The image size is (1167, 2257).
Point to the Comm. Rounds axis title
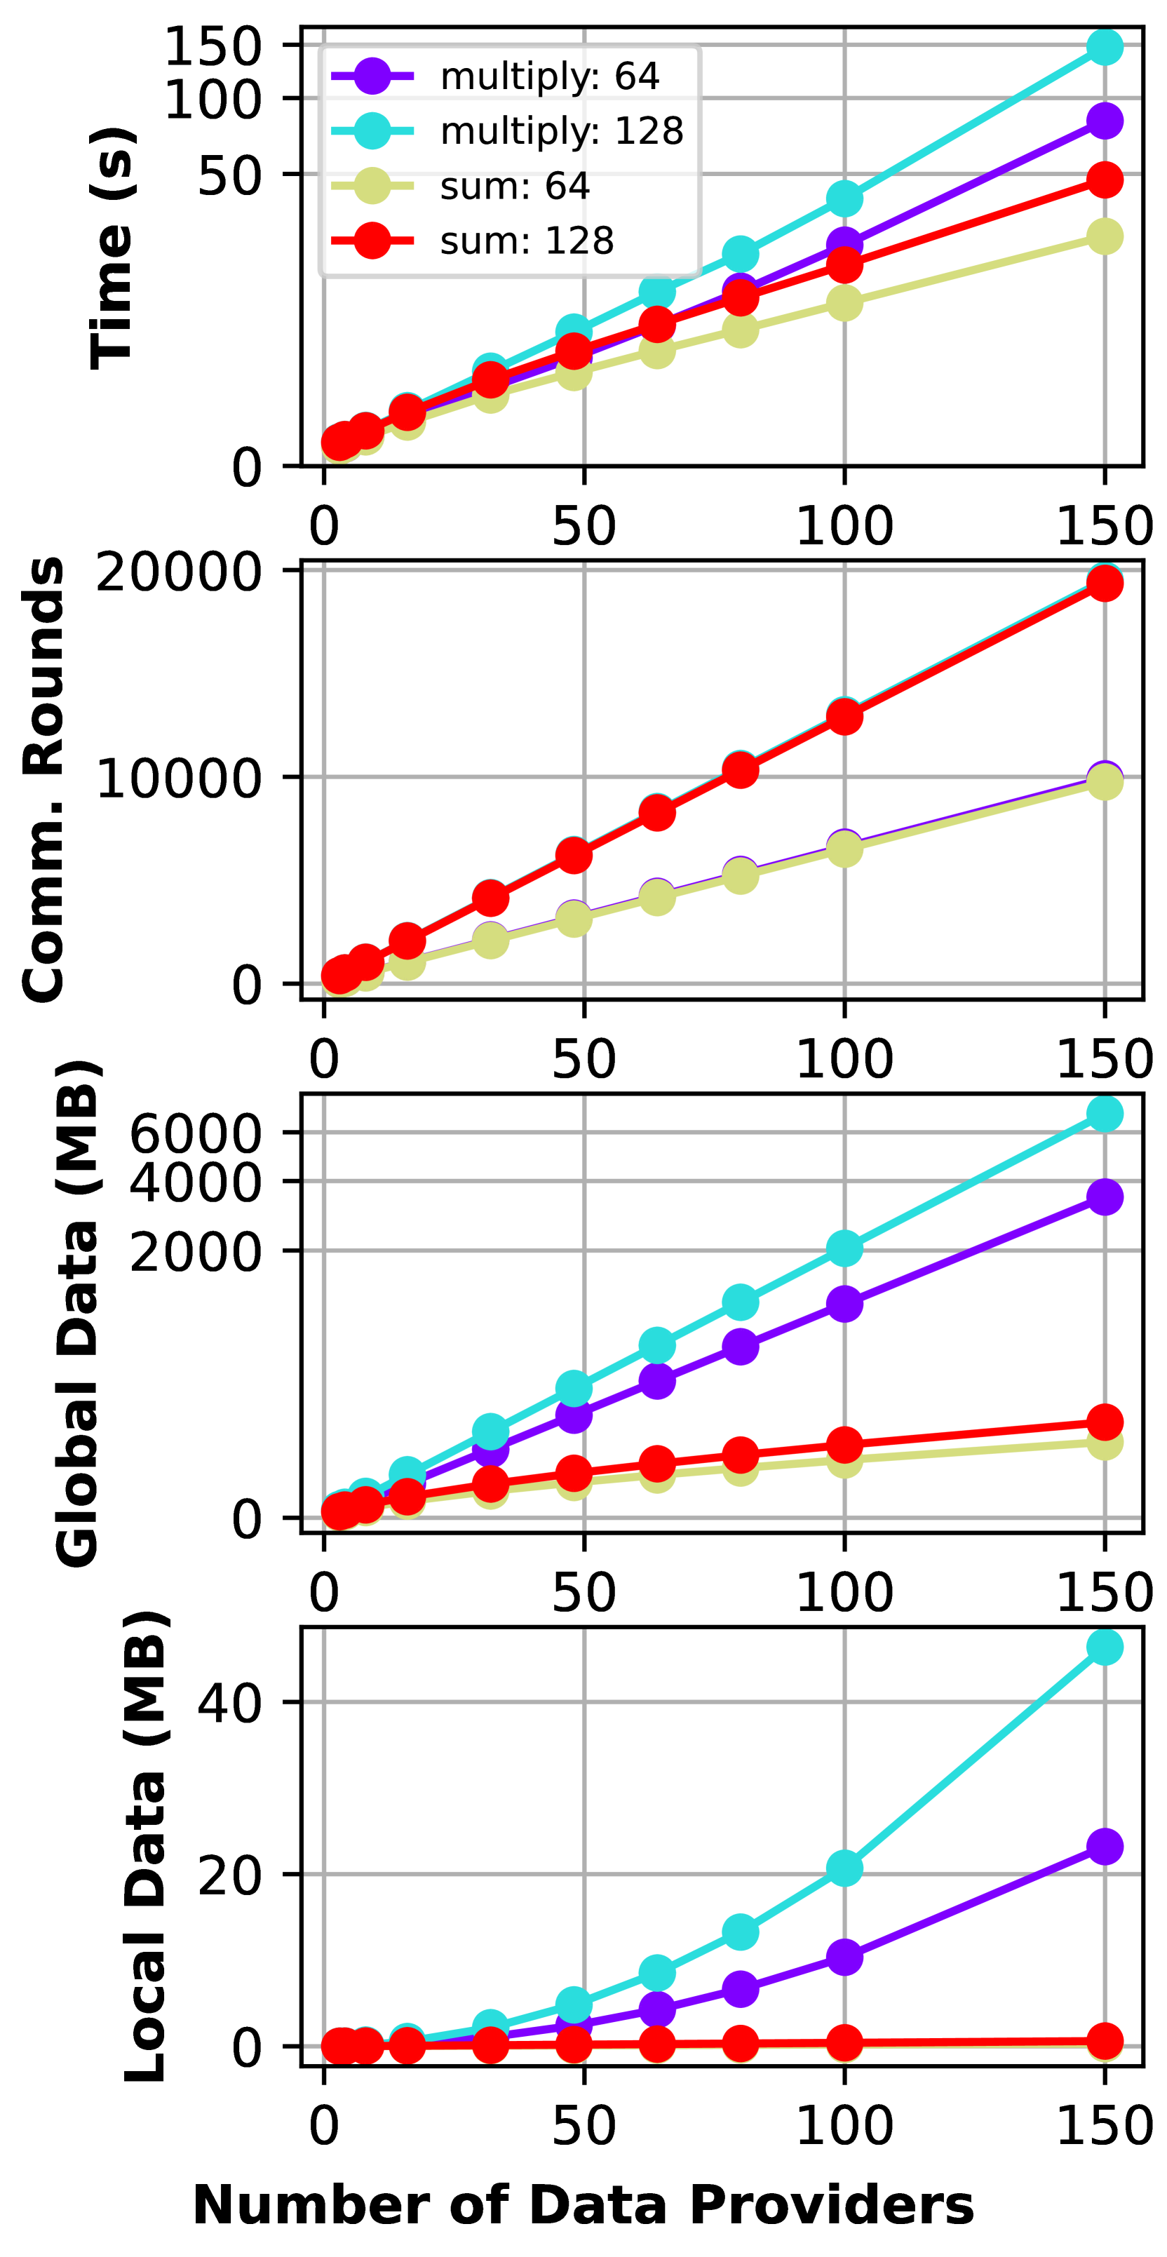[x=43, y=779]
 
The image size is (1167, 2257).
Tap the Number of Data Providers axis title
[x=583, y=2204]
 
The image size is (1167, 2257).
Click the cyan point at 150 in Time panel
[x=1105, y=46]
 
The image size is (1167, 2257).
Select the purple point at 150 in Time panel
[x=1105, y=121]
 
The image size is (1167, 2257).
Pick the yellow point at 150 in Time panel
[x=1105, y=236]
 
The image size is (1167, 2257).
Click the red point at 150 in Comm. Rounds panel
[x=1105, y=583]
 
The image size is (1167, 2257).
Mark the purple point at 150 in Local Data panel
[x=1105, y=1847]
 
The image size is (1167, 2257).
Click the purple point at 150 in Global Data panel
[x=1105, y=1197]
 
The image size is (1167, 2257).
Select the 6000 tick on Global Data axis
[x=194, y=1133]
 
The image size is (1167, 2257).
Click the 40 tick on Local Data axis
[x=229, y=1702]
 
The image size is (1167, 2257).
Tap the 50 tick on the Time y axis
[x=229, y=175]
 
